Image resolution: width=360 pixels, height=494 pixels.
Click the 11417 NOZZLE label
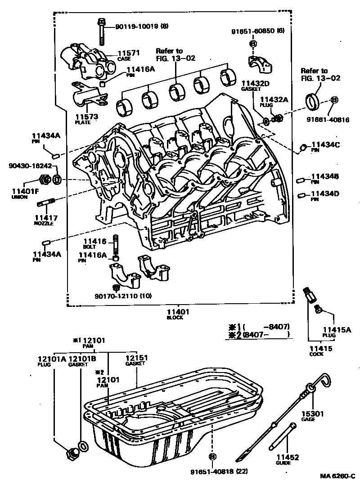44,220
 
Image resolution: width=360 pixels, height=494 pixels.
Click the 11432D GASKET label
255,86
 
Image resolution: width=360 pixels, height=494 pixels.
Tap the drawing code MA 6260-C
337,476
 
